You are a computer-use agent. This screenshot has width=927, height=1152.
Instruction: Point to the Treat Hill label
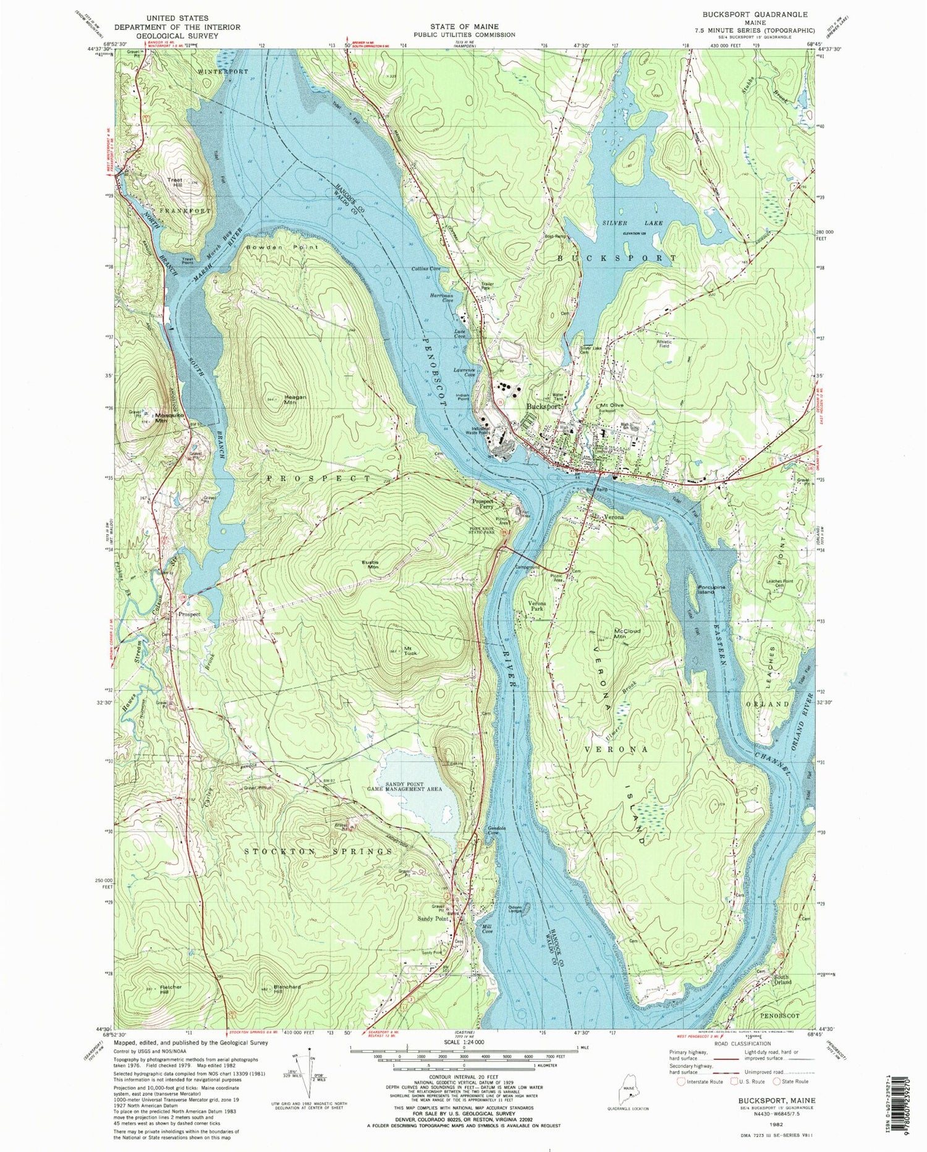click(174, 183)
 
